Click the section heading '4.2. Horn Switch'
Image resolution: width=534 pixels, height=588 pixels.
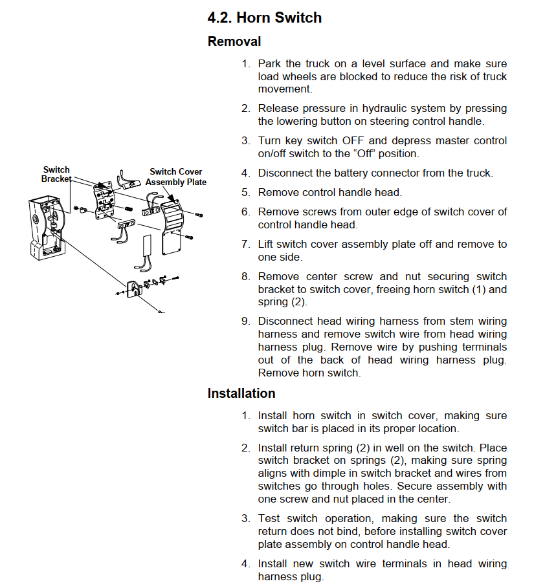(x=264, y=17)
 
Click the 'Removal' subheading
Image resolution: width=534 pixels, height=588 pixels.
(x=234, y=41)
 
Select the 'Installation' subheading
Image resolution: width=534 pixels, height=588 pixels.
(x=241, y=393)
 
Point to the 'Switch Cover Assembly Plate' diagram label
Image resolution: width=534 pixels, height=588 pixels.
(x=175, y=177)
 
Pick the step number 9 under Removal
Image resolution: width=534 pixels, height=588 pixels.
(x=245, y=321)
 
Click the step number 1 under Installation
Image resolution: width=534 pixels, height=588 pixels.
(x=245, y=416)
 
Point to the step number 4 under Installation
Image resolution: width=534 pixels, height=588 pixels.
(x=245, y=564)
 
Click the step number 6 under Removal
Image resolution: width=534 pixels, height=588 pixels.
(x=245, y=212)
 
